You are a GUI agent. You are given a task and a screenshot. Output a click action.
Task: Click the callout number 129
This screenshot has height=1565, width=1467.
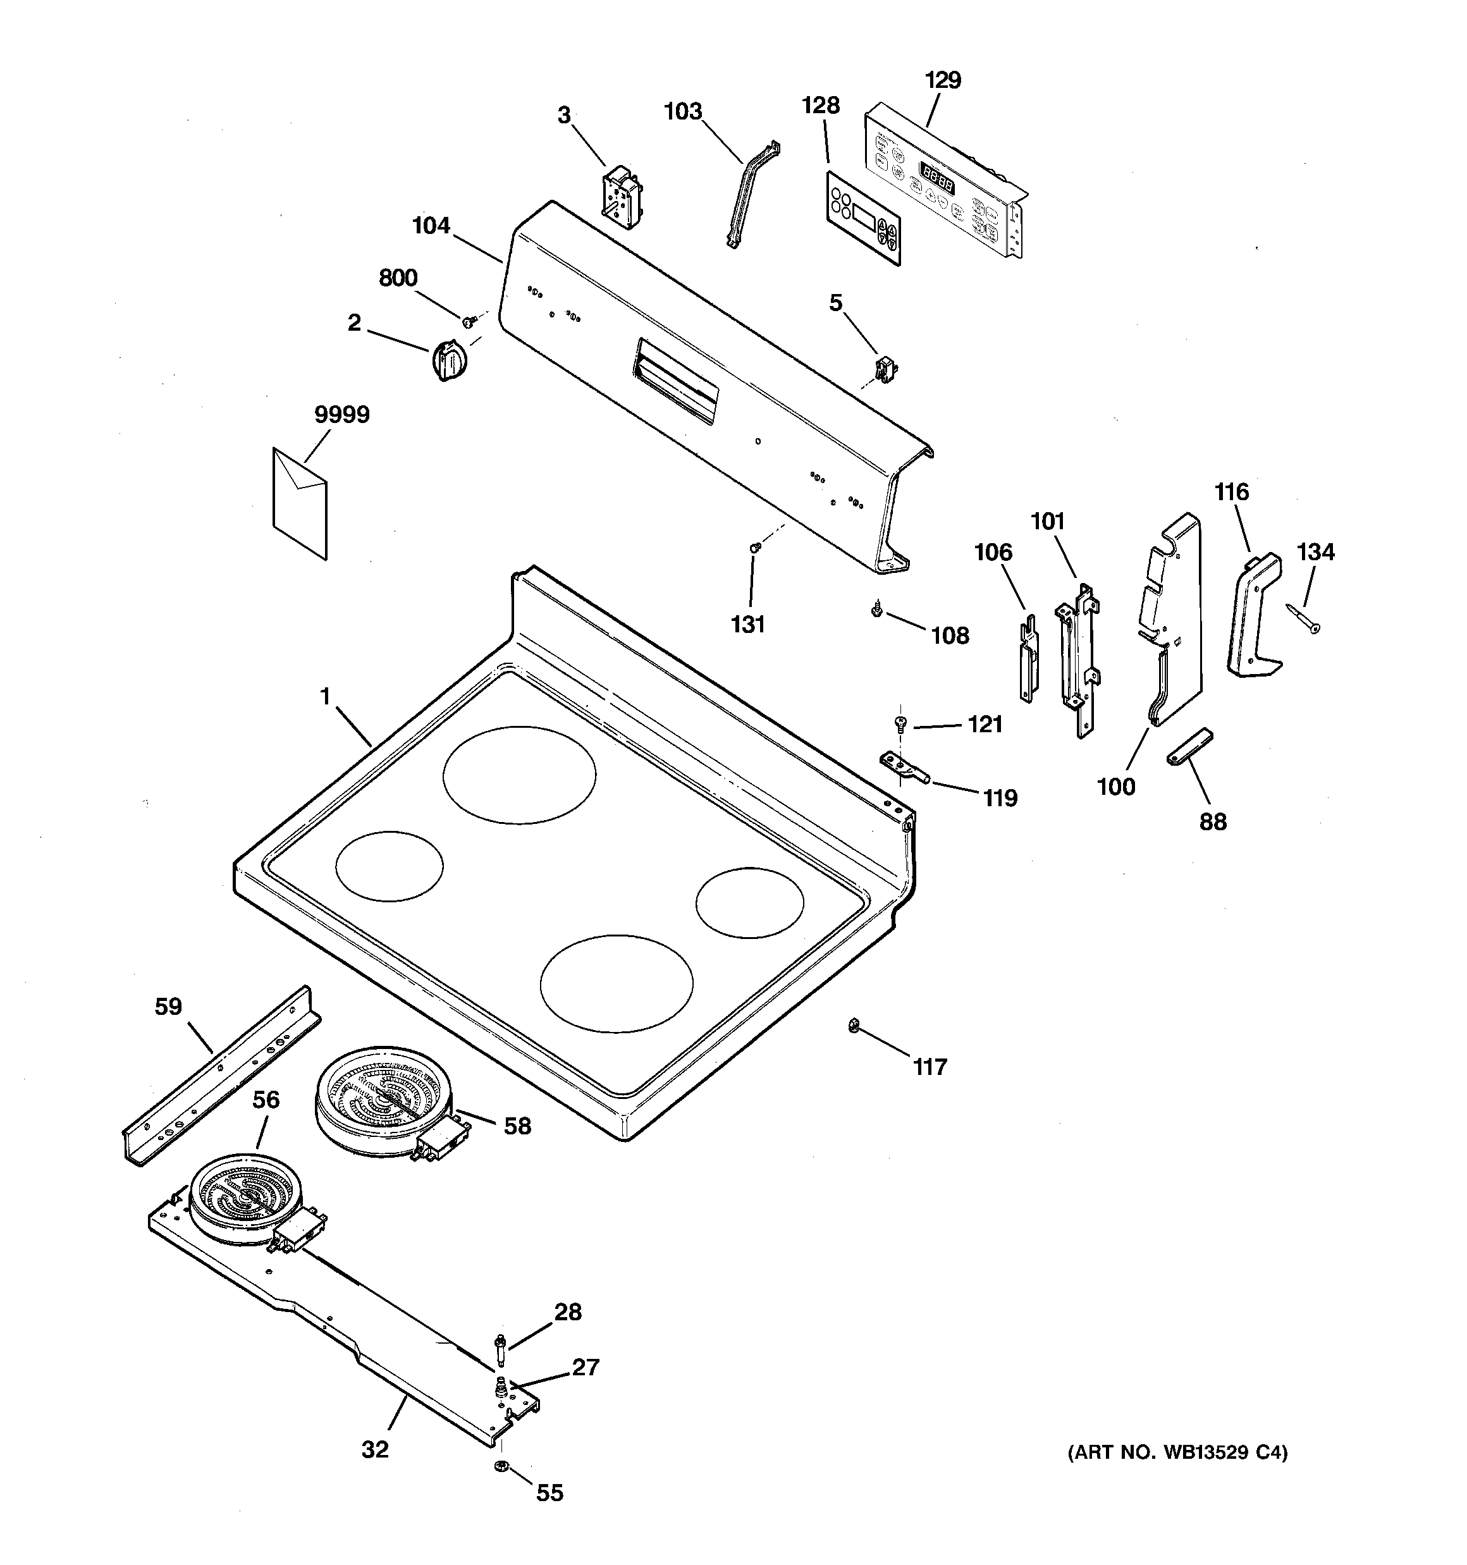(x=943, y=80)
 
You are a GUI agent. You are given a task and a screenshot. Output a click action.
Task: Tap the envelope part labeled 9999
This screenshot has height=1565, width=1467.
(x=299, y=502)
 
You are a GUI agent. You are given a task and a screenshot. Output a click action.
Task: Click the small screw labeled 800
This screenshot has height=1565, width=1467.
(x=468, y=321)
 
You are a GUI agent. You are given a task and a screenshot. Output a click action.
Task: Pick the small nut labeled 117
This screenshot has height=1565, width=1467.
(x=853, y=1025)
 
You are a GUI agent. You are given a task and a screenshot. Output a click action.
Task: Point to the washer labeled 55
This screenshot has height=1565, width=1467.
(x=501, y=1466)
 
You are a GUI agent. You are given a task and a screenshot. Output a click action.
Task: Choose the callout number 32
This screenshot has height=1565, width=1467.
(x=375, y=1449)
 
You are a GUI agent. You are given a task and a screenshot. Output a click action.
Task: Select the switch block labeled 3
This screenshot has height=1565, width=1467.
(x=620, y=193)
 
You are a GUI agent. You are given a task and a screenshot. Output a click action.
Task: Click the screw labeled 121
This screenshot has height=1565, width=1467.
(x=900, y=722)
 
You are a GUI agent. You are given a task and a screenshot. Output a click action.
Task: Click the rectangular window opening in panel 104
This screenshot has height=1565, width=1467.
(x=675, y=382)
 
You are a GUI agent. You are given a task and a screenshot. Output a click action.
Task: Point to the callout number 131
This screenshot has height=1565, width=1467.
(x=747, y=624)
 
